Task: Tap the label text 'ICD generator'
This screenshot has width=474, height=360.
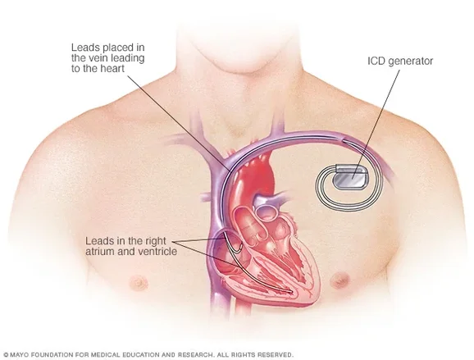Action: (400, 61)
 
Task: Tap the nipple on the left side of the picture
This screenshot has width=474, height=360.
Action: (139, 283)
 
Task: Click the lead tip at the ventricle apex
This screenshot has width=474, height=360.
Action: (290, 292)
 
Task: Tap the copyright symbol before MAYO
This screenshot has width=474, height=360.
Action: (6, 355)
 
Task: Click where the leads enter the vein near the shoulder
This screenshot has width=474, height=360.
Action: (343, 139)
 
